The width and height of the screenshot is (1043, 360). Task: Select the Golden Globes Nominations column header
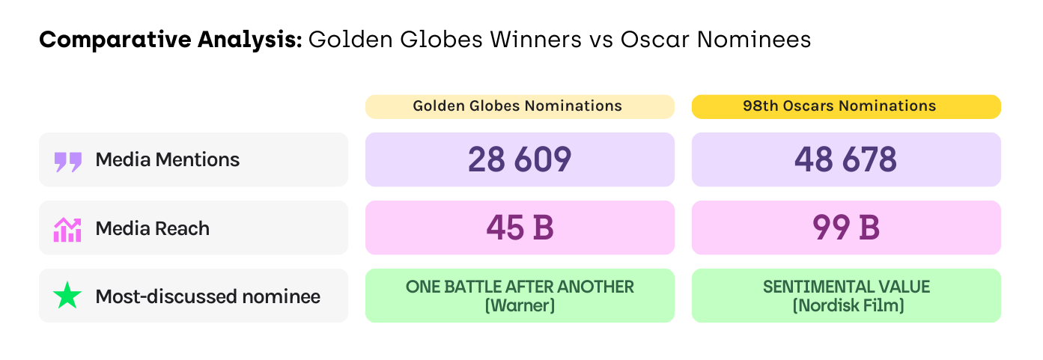coord(517,106)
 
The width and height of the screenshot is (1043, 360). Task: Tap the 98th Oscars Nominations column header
coord(844,106)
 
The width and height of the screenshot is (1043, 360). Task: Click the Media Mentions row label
coord(168,159)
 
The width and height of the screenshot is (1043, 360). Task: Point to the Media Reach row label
coord(152,228)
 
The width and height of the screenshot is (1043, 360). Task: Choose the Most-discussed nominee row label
coord(207,296)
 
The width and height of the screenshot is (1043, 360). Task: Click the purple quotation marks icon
coord(68,161)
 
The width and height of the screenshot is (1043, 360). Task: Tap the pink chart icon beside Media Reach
coord(67,229)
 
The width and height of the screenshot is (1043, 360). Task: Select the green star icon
coord(67,296)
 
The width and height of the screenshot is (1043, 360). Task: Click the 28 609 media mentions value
coord(520,159)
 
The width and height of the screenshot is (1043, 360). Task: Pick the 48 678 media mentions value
coord(846,159)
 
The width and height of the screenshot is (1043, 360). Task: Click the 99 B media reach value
coord(846,228)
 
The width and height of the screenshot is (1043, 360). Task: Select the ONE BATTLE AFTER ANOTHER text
coord(520,287)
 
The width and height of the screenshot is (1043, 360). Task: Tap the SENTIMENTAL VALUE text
coord(846,287)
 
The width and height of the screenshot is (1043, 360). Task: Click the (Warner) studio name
coord(520,306)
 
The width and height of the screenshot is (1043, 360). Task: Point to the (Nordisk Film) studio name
coord(846,306)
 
